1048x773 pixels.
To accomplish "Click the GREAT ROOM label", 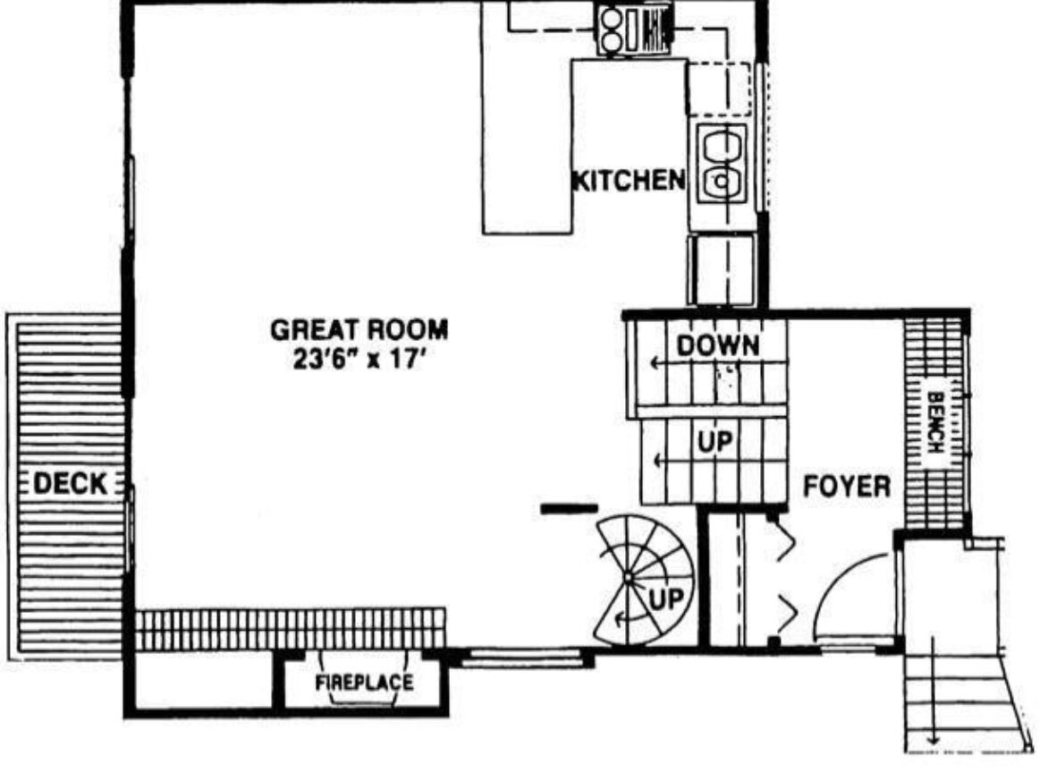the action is pos(359,330).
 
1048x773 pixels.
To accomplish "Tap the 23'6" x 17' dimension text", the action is pos(359,359).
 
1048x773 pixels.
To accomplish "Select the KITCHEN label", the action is pos(629,180).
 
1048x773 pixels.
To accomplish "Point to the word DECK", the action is pos(70,483).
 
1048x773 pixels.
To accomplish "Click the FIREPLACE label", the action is pos(364,683).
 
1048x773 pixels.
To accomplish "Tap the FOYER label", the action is pos(846,486).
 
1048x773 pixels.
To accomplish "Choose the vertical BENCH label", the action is pos(935,422).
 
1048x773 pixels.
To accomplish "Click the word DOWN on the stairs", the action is pos(718,345).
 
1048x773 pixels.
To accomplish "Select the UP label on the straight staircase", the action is pos(714,442).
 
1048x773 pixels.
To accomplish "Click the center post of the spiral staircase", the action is pos(628,577).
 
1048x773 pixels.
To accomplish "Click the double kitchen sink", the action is pos(721,164).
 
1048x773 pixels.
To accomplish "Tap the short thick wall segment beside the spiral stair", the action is pos(568,509).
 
